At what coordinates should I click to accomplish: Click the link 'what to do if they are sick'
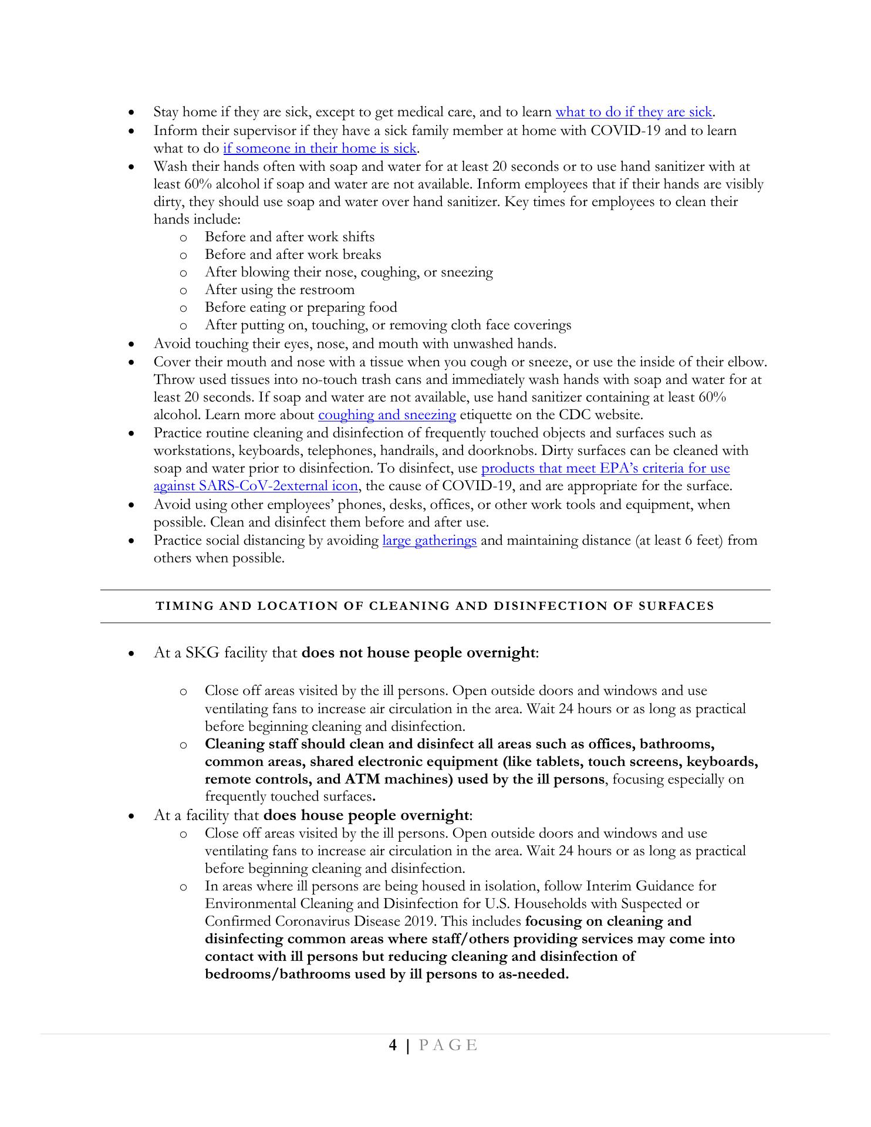tap(633, 112)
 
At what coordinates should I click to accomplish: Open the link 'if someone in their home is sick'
tap(319, 149)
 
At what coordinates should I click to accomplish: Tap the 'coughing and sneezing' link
tap(387, 415)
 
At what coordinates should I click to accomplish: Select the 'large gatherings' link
tap(429, 541)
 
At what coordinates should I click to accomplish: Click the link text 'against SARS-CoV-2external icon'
tap(255, 487)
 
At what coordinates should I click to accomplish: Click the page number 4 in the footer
tap(393, 1045)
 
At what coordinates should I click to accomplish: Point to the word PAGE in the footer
tap(448, 1045)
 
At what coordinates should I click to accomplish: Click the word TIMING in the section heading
tap(181, 606)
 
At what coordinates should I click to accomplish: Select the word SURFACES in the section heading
tap(676, 606)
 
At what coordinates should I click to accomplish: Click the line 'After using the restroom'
tap(279, 290)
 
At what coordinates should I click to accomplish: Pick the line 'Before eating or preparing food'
tap(301, 308)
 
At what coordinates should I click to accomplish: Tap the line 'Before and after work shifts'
tap(289, 237)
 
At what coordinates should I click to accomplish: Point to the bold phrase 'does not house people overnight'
tap(418, 653)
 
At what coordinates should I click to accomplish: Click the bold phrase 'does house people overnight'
tap(366, 816)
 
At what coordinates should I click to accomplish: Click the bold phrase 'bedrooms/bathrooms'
tap(277, 974)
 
